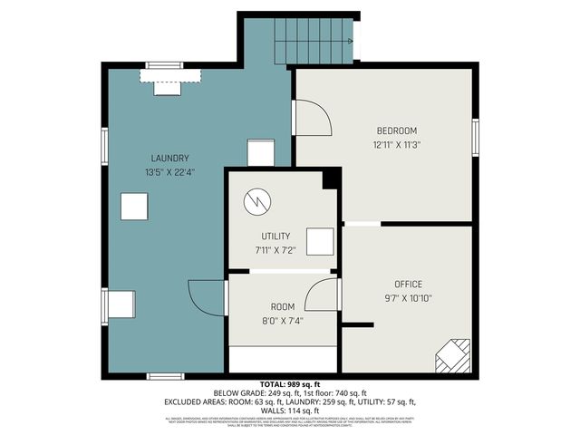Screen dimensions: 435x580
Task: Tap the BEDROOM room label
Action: pos(397,130)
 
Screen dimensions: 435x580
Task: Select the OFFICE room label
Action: pos(408,284)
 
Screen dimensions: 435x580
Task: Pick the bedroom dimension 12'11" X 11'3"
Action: pos(397,144)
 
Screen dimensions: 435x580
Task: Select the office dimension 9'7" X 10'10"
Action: pos(408,298)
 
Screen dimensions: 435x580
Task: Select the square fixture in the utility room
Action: pos(319,242)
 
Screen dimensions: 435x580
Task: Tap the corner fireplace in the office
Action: pos(453,355)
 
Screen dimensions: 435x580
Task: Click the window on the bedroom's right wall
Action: pos(475,137)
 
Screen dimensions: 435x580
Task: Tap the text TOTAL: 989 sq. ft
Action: pos(290,384)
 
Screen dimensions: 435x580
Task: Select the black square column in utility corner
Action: pos(331,179)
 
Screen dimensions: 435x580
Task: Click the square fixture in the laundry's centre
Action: pos(134,208)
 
